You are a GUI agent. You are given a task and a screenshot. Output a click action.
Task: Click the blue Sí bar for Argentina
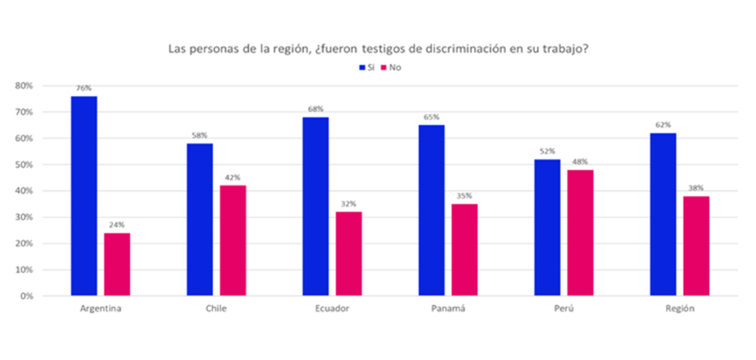[x=84, y=196]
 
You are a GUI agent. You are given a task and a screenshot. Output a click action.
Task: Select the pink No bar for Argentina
[x=117, y=264]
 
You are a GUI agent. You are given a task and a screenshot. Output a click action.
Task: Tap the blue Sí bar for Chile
[x=200, y=219]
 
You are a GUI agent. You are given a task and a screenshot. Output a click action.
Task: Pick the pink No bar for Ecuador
[x=349, y=253]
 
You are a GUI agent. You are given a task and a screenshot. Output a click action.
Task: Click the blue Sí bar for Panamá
[x=432, y=210]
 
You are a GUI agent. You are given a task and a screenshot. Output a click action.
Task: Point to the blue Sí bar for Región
[x=663, y=214]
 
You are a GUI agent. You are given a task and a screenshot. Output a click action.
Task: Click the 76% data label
[x=84, y=88]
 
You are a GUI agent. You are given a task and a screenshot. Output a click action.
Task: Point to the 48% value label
[x=581, y=162]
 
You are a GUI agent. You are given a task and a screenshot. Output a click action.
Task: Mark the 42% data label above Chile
[x=233, y=178]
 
